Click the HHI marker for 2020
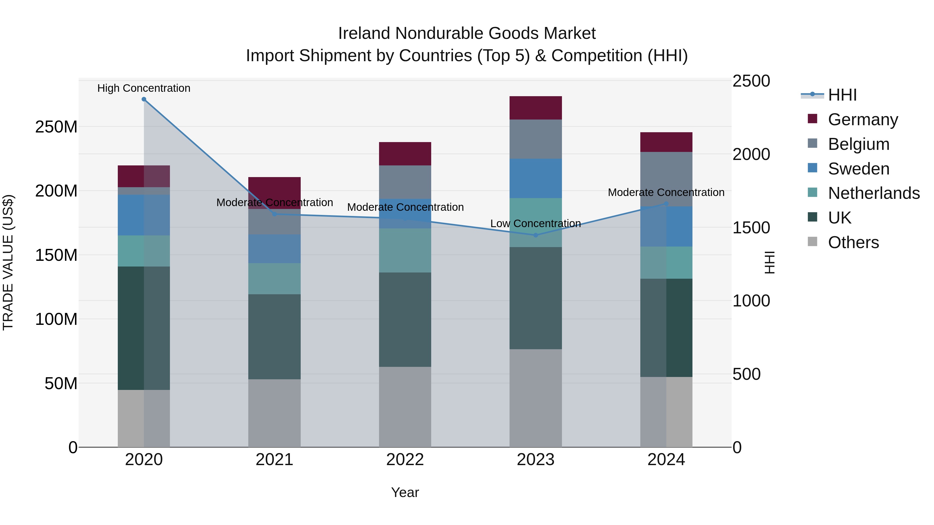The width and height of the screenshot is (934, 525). [x=144, y=99]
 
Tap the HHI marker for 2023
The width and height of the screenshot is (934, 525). [x=535, y=235]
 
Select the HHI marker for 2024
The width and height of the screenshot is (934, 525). [x=666, y=204]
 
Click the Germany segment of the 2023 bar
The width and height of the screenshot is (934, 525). [x=535, y=108]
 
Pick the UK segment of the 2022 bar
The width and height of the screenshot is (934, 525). [x=405, y=320]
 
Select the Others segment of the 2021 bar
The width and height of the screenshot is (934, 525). [x=274, y=413]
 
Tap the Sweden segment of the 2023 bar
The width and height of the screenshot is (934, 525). [x=535, y=178]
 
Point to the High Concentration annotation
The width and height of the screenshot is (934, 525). [x=144, y=88]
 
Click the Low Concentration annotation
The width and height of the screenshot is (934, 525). [x=535, y=223]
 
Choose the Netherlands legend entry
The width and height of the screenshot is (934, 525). [x=874, y=193]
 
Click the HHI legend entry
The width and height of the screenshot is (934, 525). [x=842, y=95]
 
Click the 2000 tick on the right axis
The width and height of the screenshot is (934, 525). [x=751, y=154]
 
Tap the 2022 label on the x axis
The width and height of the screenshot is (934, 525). [x=405, y=460]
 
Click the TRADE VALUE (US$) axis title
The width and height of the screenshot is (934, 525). [x=8, y=262]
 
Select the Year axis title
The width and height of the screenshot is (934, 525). [x=405, y=492]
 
